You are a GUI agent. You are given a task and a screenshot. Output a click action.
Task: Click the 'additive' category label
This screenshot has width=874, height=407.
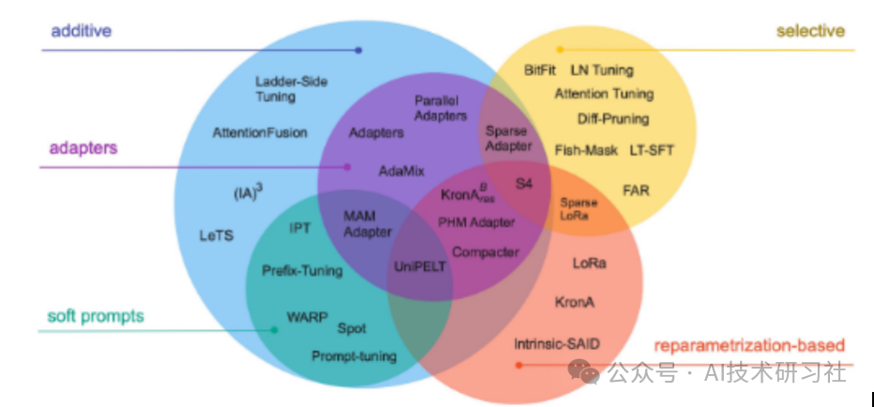click(82, 30)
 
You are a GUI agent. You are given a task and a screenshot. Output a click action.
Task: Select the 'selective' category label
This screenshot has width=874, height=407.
click(810, 31)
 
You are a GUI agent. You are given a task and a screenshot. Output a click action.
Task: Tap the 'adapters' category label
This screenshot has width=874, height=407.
click(83, 148)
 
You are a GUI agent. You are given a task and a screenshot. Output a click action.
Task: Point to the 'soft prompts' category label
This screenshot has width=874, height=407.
click(96, 316)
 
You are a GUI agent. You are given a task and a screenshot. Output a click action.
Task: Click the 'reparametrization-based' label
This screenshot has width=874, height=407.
click(749, 345)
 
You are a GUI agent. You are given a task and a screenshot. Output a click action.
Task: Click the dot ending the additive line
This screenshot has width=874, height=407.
click(358, 51)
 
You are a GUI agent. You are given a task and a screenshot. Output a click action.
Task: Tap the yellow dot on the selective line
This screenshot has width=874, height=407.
click(560, 50)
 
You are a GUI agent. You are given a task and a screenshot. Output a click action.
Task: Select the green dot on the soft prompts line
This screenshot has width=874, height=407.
click(274, 330)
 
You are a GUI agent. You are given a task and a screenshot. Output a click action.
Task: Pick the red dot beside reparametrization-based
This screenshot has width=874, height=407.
click(519, 365)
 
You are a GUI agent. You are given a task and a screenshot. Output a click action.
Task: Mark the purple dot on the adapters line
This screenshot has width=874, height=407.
click(347, 167)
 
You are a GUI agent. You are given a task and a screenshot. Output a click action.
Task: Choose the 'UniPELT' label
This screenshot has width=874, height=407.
click(420, 266)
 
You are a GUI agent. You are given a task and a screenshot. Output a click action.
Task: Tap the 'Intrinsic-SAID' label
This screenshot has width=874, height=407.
click(557, 344)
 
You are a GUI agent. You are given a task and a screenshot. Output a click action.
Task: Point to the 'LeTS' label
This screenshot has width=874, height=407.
click(217, 235)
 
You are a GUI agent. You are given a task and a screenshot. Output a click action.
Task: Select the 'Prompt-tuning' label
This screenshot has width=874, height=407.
click(354, 356)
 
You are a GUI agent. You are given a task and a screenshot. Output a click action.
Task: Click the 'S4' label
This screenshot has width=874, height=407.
click(523, 183)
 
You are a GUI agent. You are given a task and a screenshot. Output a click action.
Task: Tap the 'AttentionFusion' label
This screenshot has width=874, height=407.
click(260, 132)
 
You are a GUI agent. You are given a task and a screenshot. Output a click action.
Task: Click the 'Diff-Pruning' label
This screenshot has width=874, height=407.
click(613, 119)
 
